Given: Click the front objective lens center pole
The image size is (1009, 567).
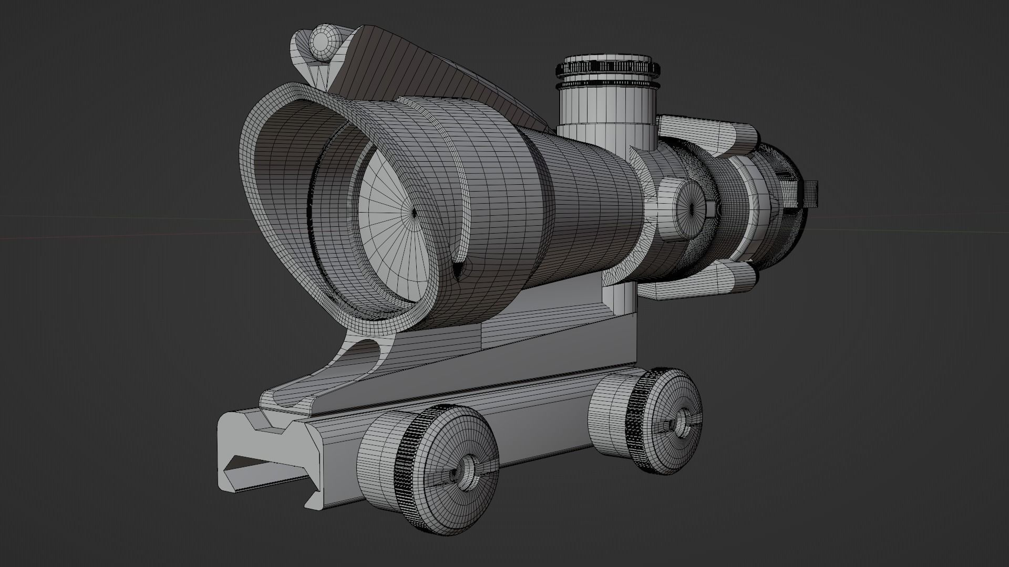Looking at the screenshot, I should [414, 212].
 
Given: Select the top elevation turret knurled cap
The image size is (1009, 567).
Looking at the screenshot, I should [608, 67].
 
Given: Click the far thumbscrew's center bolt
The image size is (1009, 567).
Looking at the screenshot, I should [683, 420].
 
